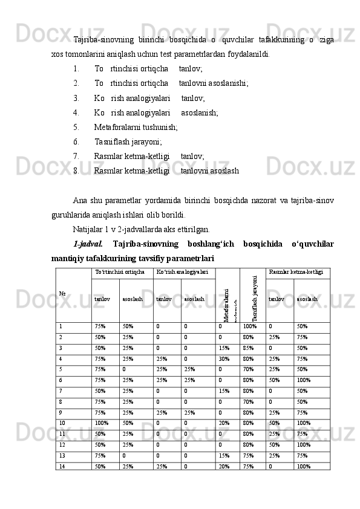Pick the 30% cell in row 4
pos(223,358)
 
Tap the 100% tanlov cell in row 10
pos(101,423)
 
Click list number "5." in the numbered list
pos(76,127)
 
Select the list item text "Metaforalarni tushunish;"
pos(136,127)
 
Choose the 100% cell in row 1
pos(249,326)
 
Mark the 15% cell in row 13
pos(223,455)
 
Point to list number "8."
pos(76,171)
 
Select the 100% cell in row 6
pos(303,380)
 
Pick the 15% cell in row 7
pos(223,391)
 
